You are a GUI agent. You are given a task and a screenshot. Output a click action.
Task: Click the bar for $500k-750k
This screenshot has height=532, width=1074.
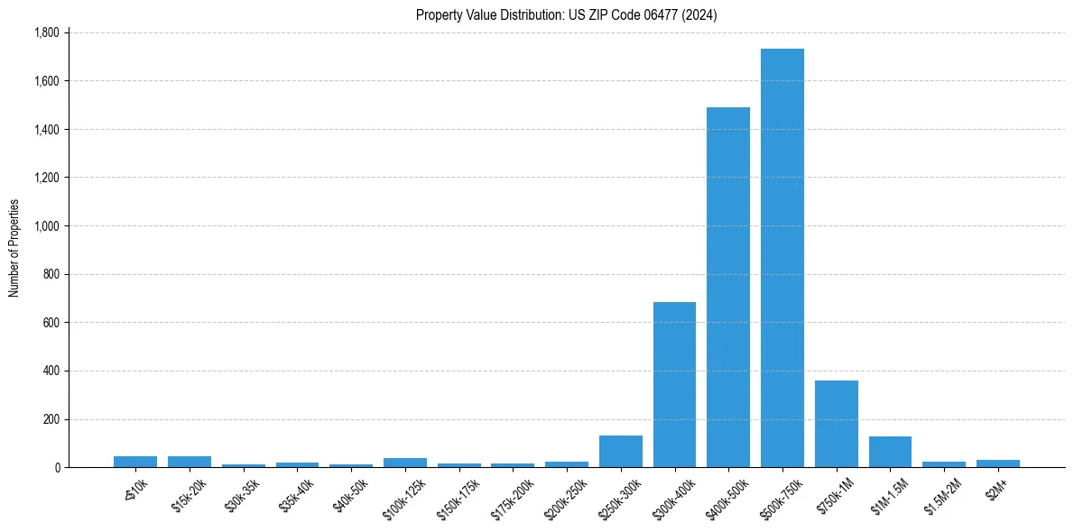tap(782, 258)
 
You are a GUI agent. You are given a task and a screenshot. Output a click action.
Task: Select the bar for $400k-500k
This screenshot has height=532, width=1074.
tap(728, 287)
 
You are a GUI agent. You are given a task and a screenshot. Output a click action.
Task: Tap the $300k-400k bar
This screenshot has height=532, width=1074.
tap(674, 384)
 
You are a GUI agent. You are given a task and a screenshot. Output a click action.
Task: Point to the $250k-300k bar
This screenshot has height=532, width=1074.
tap(620, 452)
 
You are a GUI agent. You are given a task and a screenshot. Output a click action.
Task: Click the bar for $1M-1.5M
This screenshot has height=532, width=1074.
tap(890, 452)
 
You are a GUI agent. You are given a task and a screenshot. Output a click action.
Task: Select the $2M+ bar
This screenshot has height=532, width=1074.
tap(997, 463)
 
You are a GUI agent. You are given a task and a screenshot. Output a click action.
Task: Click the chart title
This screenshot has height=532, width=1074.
tap(566, 14)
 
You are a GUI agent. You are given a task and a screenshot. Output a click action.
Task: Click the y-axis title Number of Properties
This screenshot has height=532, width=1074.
tap(14, 248)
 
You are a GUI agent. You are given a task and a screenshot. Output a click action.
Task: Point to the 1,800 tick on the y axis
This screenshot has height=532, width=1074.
tap(46, 32)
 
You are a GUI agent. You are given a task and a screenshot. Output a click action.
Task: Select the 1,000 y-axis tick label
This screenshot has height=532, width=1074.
tap(46, 226)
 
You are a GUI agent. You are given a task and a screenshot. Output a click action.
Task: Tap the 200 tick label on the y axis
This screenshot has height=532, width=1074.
tap(51, 419)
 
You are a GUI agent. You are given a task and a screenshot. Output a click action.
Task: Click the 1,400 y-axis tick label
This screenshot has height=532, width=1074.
tap(46, 130)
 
